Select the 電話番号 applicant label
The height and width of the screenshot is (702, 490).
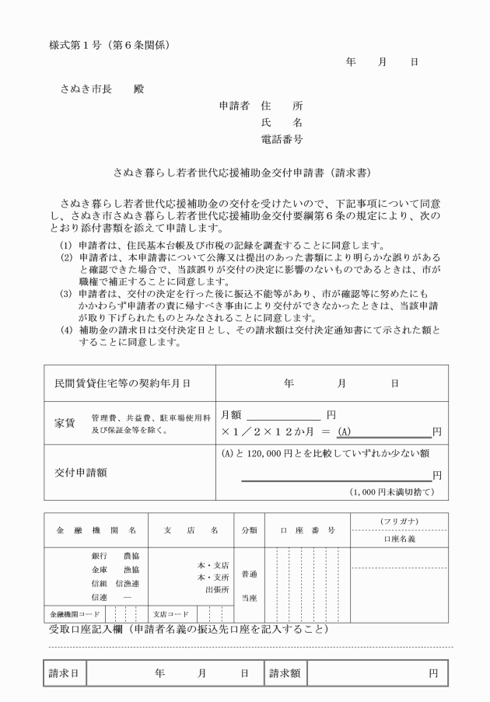pyautogui.click(x=282, y=140)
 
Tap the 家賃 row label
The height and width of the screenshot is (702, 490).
pyautogui.click(x=65, y=423)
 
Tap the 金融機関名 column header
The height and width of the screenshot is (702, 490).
pyautogui.click(x=96, y=530)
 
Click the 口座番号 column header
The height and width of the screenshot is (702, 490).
pyautogui.click(x=307, y=530)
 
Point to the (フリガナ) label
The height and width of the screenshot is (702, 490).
pyautogui.click(x=400, y=520)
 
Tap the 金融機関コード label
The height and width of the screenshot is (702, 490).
pyautogui.click(x=71, y=612)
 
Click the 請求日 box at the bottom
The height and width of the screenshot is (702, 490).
pyautogui.click(x=63, y=673)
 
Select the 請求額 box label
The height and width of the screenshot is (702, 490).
pyautogui.click(x=285, y=673)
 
